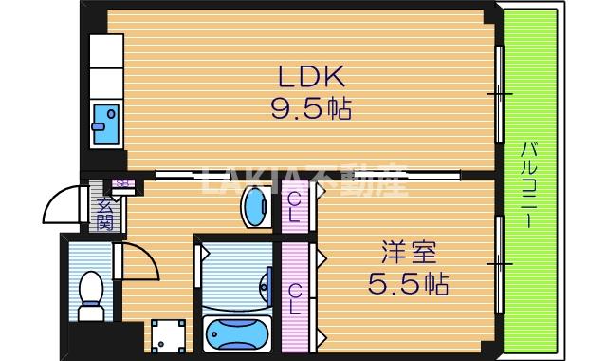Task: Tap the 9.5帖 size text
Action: coord(312,108)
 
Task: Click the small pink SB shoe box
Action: coord(120,183)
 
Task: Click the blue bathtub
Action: coord(237,334)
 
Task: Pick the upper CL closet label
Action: coord(295,206)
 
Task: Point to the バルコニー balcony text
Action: coord(528,185)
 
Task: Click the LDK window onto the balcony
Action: coord(498,93)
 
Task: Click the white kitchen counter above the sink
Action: coord(106,66)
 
